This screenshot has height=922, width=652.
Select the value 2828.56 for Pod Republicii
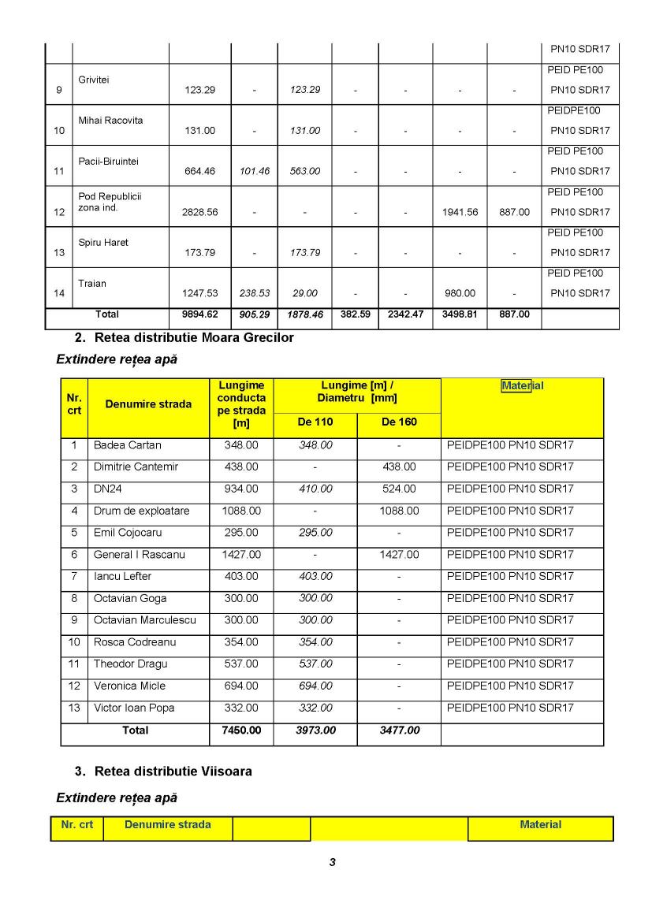click(199, 212)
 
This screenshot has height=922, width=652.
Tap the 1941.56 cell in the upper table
click(460, 212)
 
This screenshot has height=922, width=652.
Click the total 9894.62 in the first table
click(199, 314)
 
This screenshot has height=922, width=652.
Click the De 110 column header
click(315, 422)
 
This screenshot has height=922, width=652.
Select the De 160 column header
click(399, 422)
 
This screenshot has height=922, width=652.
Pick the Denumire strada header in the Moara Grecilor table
click(148, 404)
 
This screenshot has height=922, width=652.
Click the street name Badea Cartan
click(128, 445)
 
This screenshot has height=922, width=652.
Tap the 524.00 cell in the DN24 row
click(399, 489)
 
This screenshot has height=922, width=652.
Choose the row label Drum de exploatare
click(142, 511)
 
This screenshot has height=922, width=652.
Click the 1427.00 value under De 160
click(399, 555)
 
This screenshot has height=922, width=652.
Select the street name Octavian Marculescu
click(145, 620)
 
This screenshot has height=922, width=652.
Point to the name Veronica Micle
click(130, 686)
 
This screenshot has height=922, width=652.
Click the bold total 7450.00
click(241, 731)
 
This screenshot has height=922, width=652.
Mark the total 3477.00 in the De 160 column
click(399, 731)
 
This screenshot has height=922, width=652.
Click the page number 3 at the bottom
click(333, 862)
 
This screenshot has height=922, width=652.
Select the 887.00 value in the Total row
click(514, 314)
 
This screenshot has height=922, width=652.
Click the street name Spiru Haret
click(103, 243)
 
